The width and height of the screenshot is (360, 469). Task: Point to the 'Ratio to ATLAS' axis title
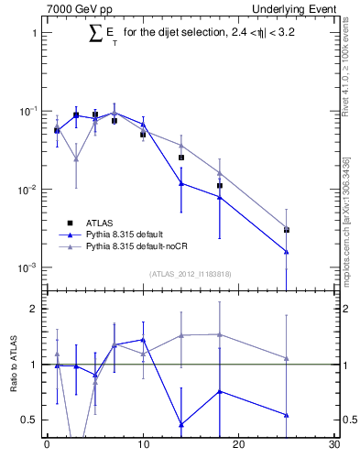[x=14, y=364]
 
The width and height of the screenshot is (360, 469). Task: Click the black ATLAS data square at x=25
[x=287, y=230]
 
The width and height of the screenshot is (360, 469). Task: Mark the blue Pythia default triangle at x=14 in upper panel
[x=181, y=183]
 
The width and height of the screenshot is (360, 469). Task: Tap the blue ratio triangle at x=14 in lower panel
[x=181, y=424]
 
